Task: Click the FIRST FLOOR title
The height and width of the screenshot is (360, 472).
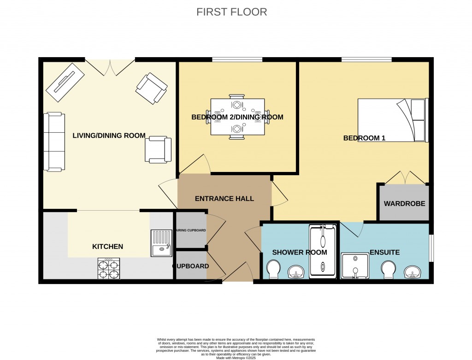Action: point(231,12)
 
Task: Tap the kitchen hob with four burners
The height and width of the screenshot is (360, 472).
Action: point(109,269)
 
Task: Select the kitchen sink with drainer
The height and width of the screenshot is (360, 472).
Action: point(161,243)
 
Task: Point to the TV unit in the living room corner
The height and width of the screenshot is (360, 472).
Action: point(65,82)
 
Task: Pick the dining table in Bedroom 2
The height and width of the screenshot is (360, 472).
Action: point(237,117)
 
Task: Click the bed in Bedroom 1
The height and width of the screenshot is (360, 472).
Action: point(392,120)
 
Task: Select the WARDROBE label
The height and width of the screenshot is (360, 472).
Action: point(404,203)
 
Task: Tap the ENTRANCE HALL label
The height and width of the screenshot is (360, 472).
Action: point(224,199)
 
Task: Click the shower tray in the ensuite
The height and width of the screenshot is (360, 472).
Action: point(355,266)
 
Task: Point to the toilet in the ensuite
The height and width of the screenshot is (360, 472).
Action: point(389,270)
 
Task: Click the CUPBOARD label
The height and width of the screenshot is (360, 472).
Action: point(191,266)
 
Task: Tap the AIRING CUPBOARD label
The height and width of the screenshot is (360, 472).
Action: point(191,230)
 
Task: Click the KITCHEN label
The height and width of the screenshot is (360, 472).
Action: point(108,247)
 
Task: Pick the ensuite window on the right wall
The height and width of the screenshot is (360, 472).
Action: point(431,249)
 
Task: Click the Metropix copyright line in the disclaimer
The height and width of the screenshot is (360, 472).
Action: point(236,357)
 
